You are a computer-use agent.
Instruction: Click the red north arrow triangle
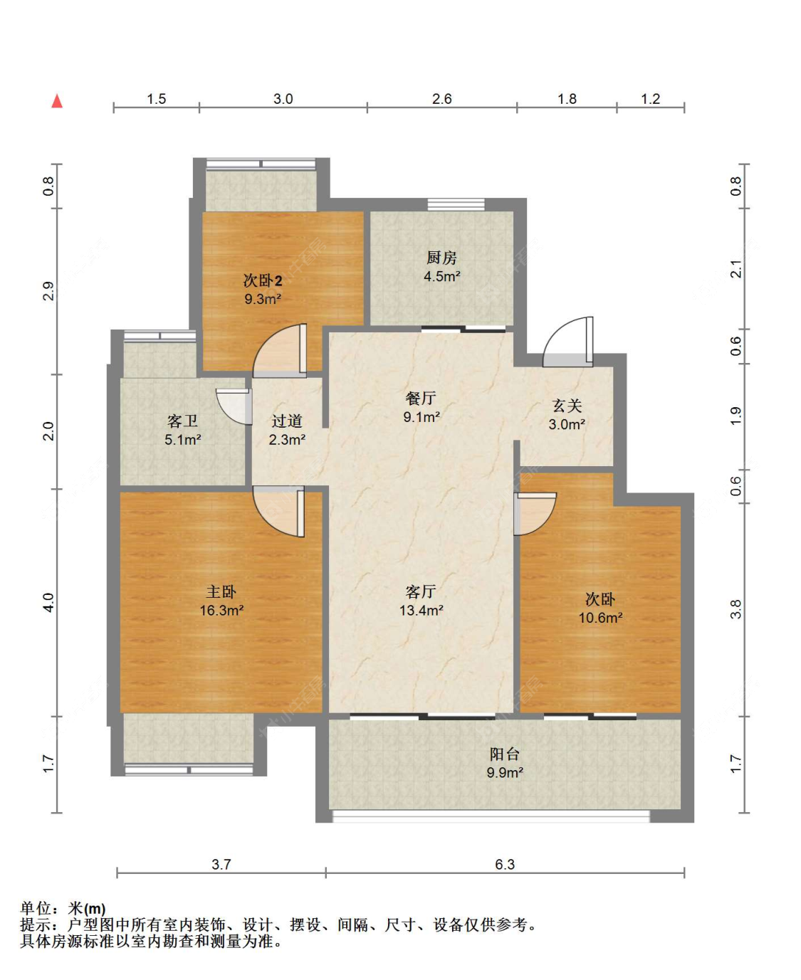(57, 101)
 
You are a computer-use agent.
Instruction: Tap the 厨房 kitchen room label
(441, 258)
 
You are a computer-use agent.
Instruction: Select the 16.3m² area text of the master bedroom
(221, 610)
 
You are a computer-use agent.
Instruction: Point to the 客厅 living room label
(421, 591)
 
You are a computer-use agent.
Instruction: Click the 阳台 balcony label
(504, 754)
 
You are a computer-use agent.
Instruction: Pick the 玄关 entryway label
(567, 406)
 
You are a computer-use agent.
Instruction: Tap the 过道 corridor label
(287, 421)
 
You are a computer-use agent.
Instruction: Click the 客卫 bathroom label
(182, 421)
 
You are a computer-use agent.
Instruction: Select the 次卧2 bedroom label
(263, 280)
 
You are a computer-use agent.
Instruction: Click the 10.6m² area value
(601, 618)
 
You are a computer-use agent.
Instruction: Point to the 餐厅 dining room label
(421, 398)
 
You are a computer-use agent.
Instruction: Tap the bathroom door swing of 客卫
(234, 406)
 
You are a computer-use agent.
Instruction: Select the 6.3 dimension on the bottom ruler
(505, 864)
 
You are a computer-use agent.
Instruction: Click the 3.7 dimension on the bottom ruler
(221, 864)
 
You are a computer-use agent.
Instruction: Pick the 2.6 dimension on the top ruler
(441, 99)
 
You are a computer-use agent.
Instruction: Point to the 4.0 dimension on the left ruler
(49, 603)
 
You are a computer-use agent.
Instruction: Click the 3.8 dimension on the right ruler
(736, 609)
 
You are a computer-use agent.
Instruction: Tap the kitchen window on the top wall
(456, 204)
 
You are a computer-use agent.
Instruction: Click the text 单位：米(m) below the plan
(63, 908)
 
